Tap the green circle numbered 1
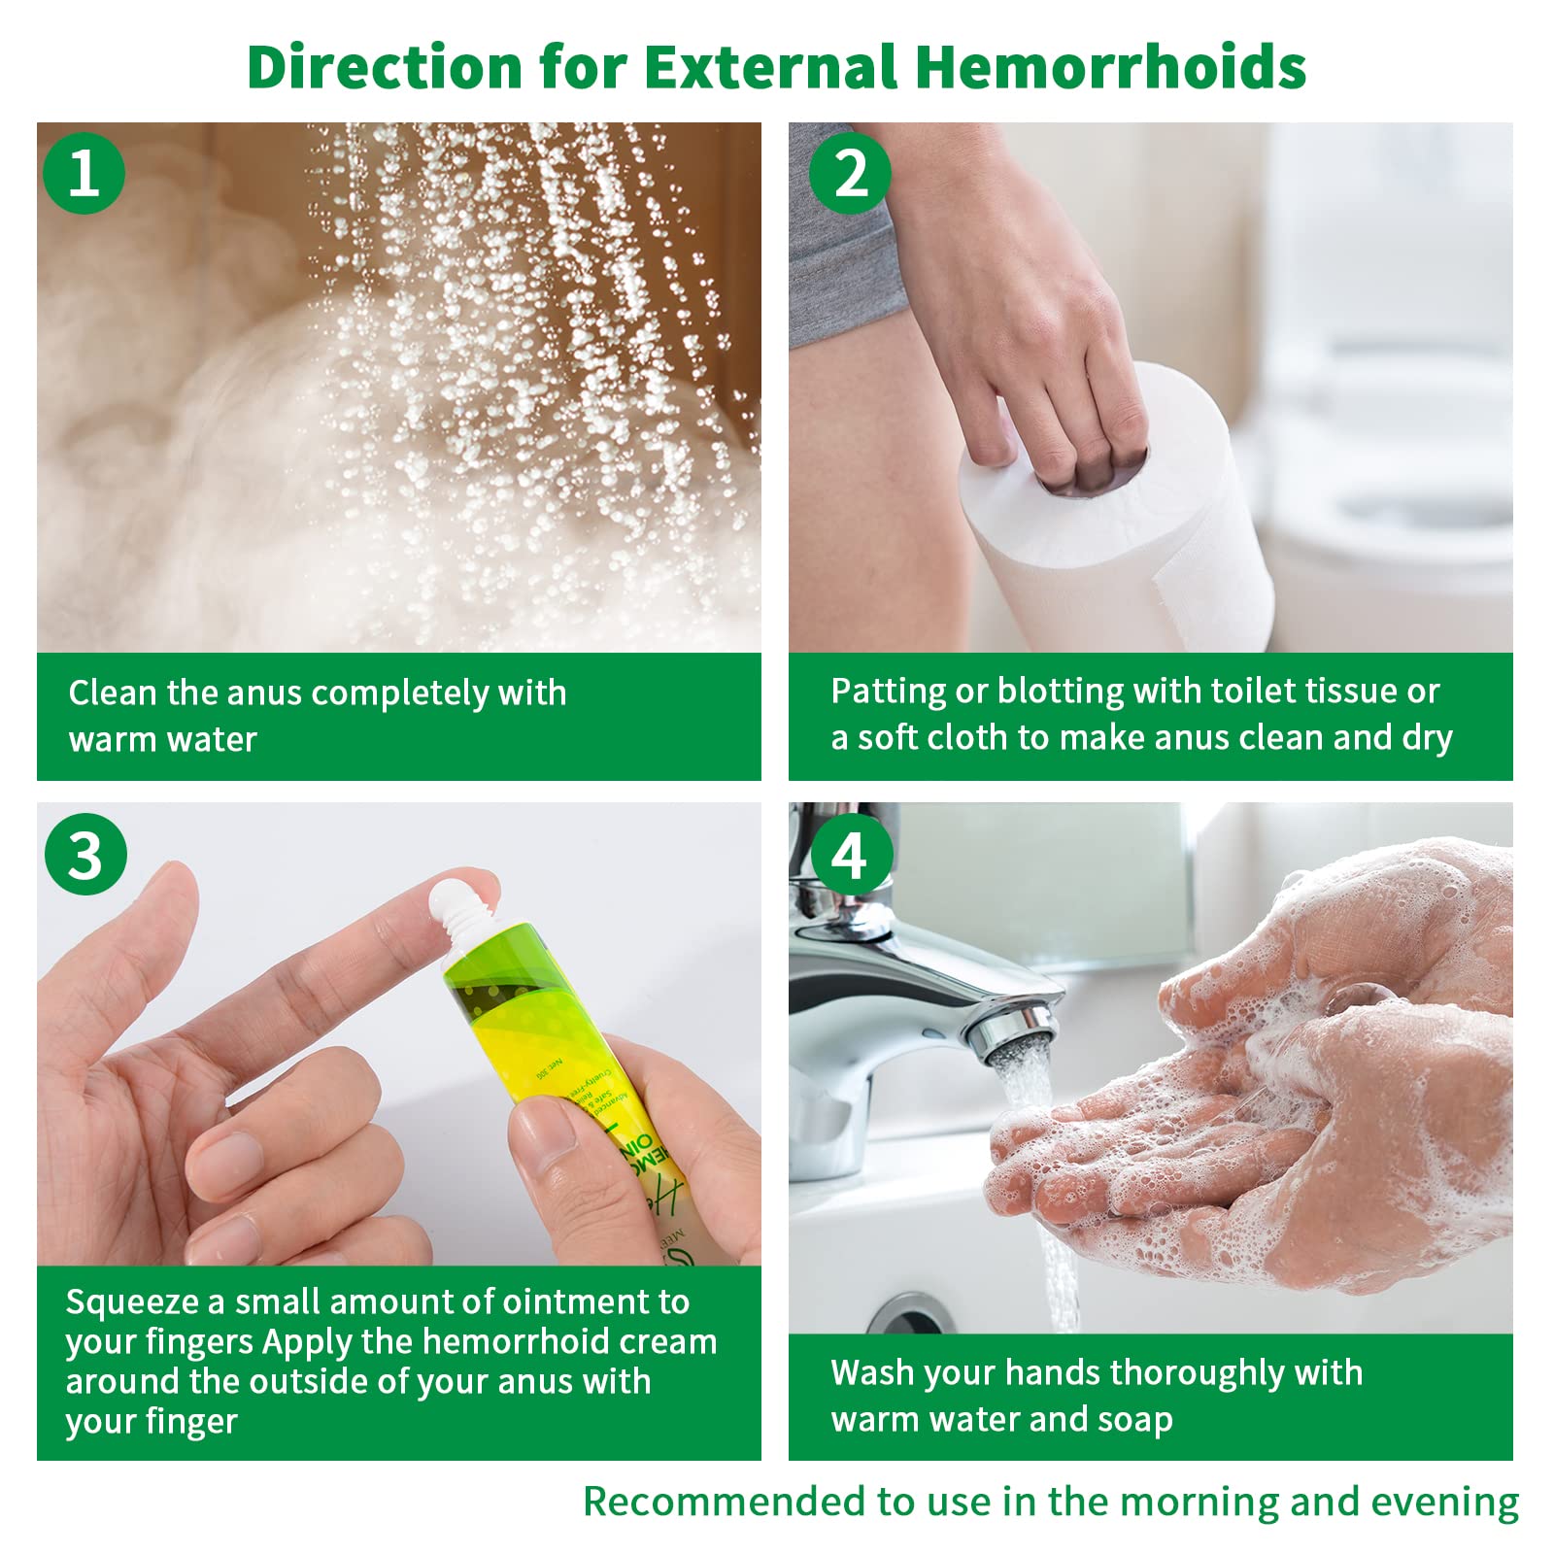(x=84, y=173)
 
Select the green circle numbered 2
(x=850, y=173)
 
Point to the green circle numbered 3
(x=85, y=855)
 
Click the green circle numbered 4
(x=850, y=855)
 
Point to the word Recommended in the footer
(x=724, y=1502)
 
